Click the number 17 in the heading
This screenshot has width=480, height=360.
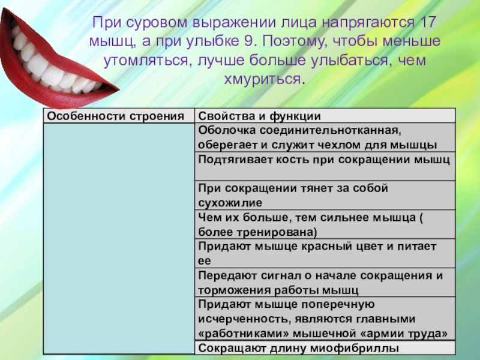coord(426,25)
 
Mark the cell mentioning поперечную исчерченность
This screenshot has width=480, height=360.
coord(323,319)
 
